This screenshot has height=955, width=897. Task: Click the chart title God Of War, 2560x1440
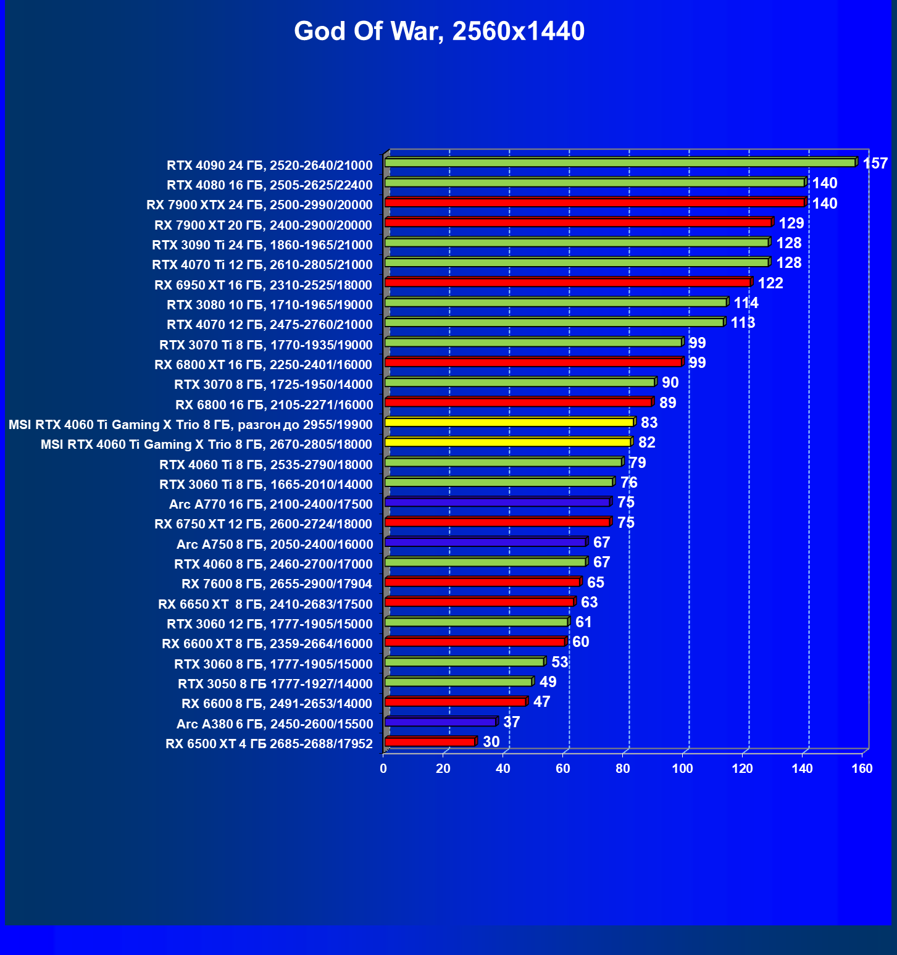tap(439, 31)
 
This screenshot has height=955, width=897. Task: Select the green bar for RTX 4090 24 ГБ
tap(619, 162)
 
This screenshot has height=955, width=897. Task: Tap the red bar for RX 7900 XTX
tap(594, 202)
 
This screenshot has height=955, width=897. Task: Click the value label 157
tap(875, 164)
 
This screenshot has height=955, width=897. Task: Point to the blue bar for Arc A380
tap(440, 722)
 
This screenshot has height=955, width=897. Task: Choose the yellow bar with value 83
tap(509, 422)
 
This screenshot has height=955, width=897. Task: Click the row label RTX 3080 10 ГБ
tap(269, 305)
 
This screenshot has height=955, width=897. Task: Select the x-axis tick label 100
tap(682, 769)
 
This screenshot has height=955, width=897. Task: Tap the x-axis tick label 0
tap(383, 769)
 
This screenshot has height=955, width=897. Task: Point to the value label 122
tap(770, 283)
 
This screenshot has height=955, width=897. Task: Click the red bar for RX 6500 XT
tap(430, 741)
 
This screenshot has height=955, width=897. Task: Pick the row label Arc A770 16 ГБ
tap(270, 504)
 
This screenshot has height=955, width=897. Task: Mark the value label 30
tap(491, 741)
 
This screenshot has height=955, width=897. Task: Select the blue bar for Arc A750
tap(485, 542)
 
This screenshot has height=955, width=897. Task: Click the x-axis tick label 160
tap(862, 769)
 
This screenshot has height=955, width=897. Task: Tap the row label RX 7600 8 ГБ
tap(277, 584)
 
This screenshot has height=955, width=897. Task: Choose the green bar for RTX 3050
tap(458, 682)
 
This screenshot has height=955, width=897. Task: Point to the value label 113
tap(743, 323)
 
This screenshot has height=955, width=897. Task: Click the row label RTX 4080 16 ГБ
tap(269, 185)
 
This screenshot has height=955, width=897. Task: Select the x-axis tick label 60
tap(563, 769)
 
